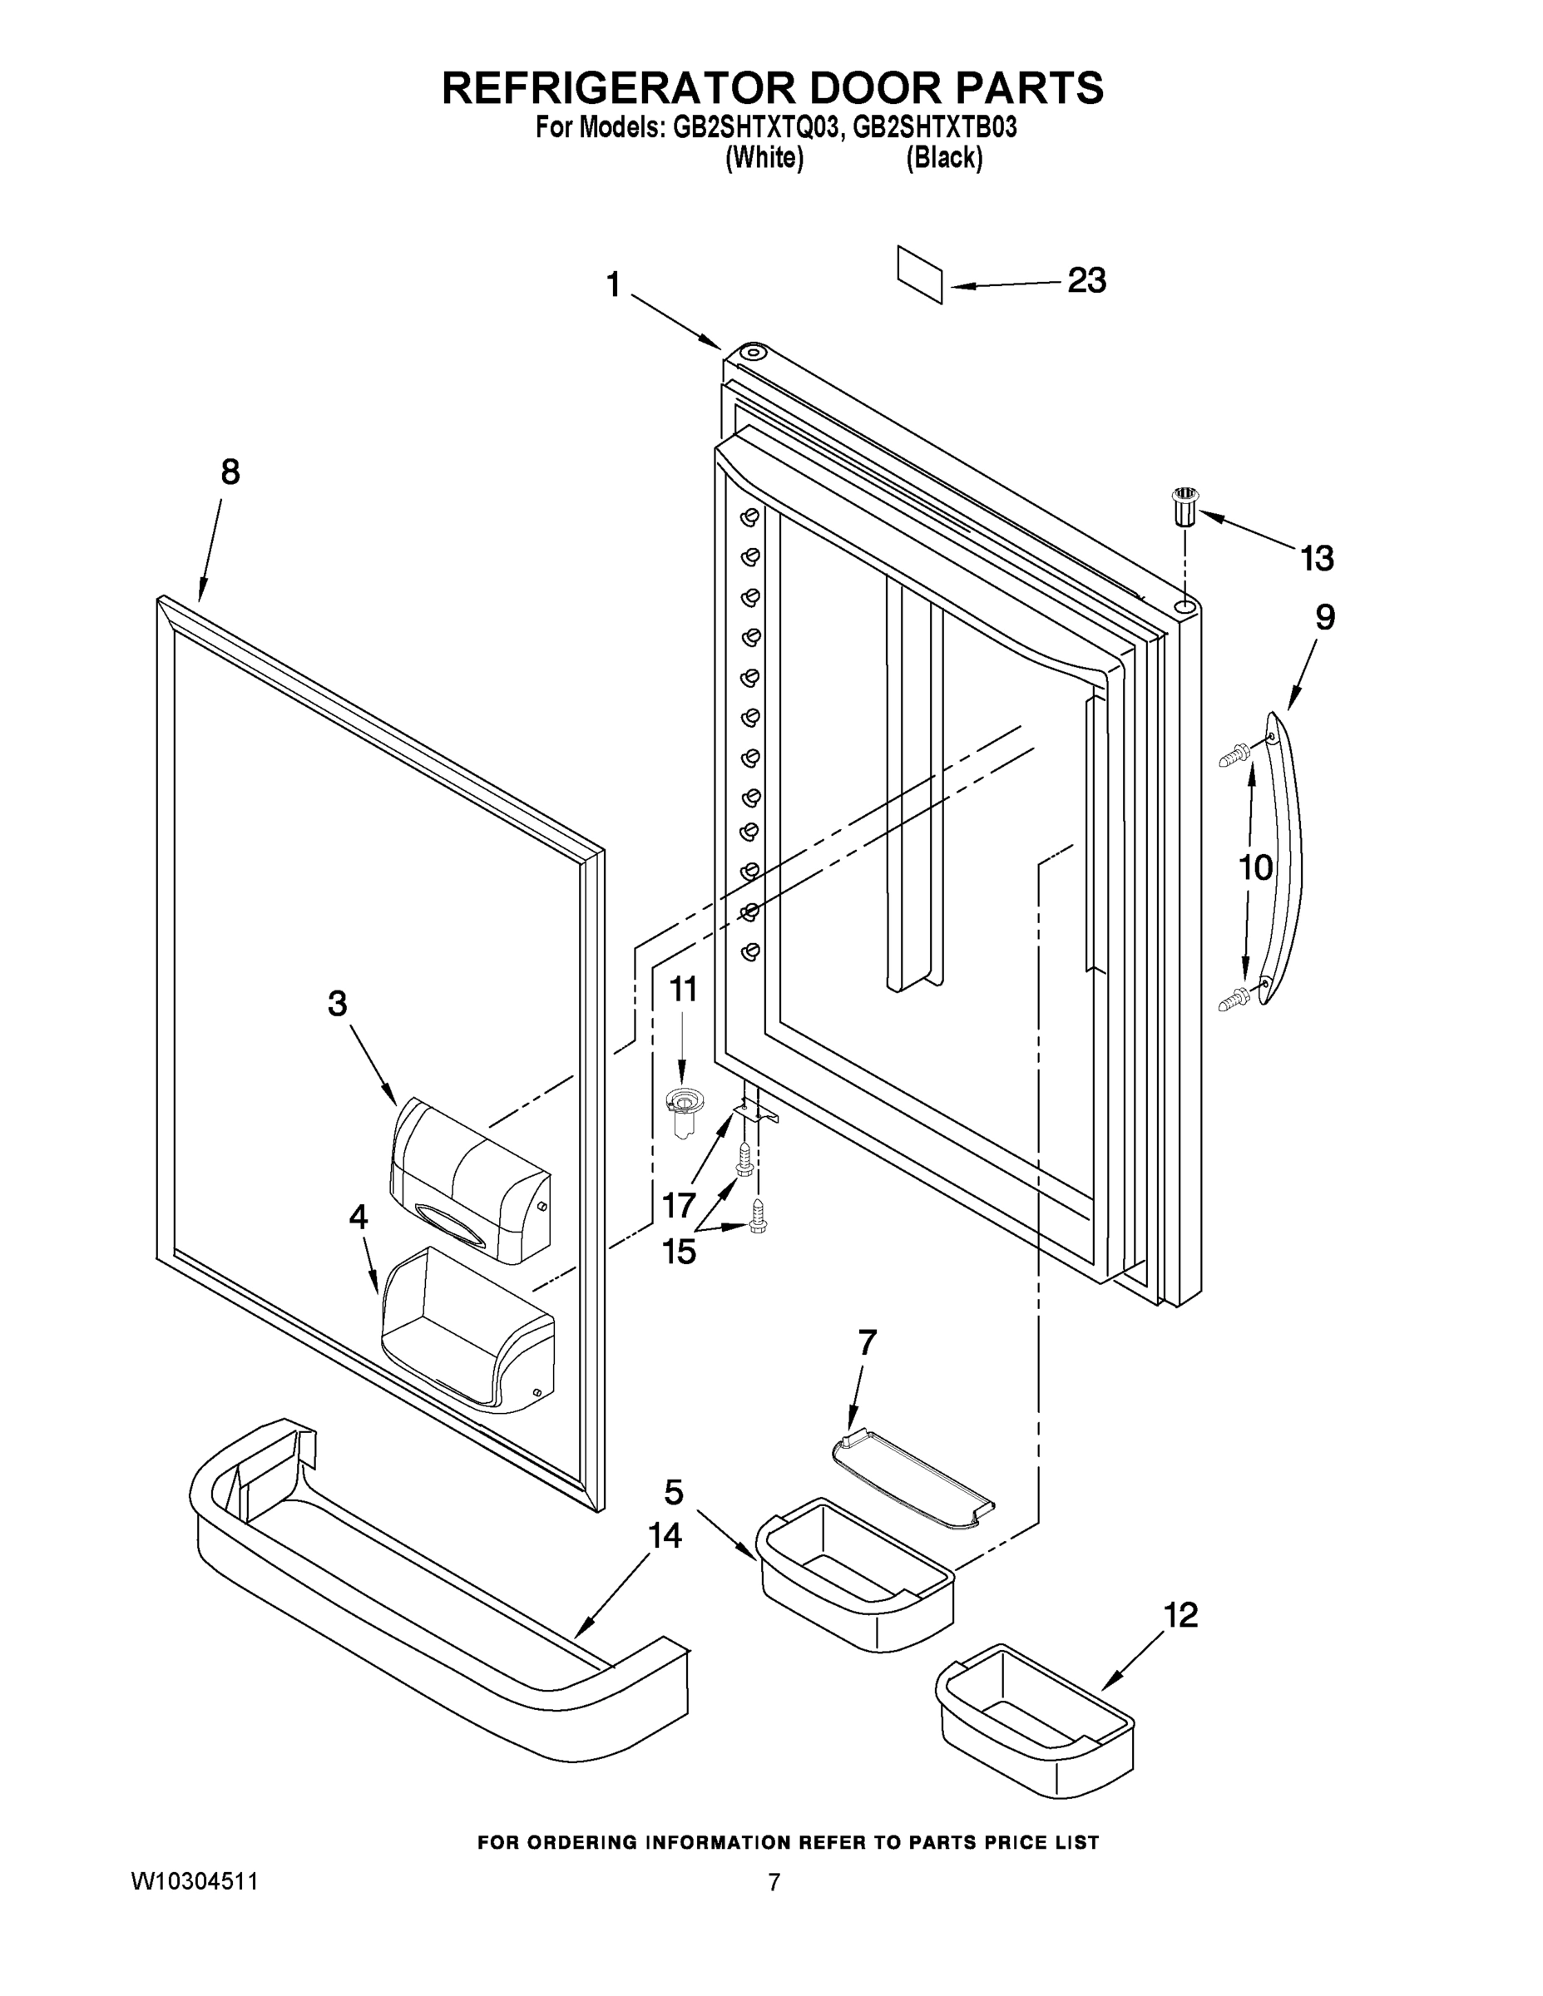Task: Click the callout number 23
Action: [x=1086, y=280]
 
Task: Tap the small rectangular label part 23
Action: [x=920, y=274]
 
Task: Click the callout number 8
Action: [x=230, y=472]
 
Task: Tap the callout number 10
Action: [x=1255, y=867]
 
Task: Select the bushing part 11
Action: [x=681, y=1109]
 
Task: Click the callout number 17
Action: [x=678, y=1205]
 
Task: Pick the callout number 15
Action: [x=678, y=1251]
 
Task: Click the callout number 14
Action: [x=665, y=1535]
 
